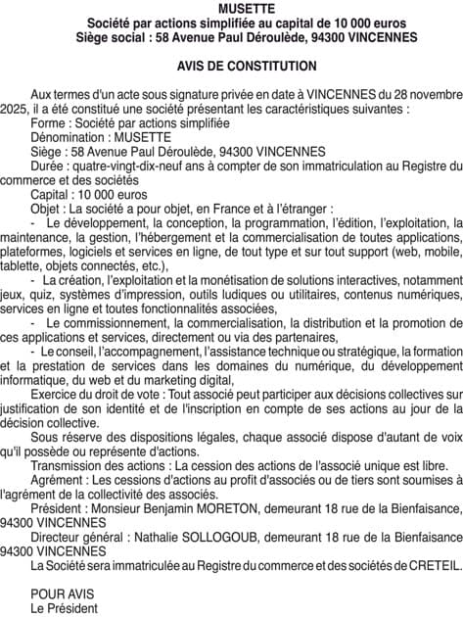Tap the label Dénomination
click(69, 138)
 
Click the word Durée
click(48, 166)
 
